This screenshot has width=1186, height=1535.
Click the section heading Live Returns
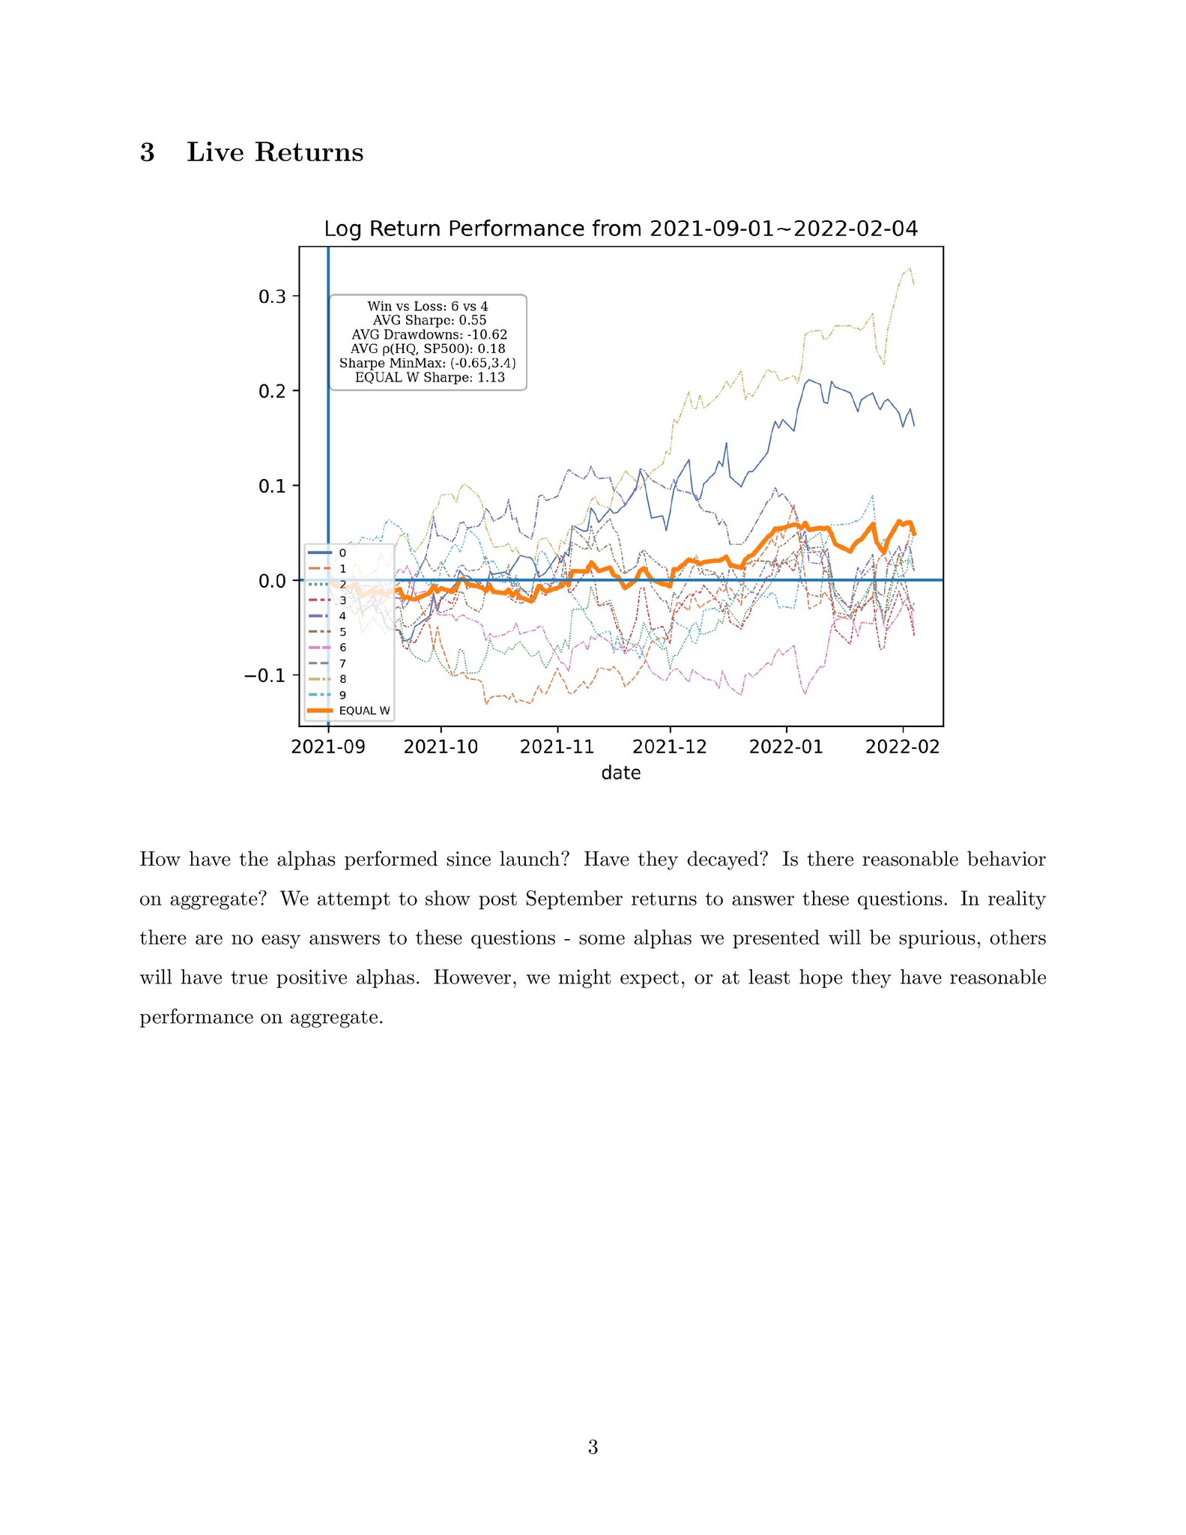274,152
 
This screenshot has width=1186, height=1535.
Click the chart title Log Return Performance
620,229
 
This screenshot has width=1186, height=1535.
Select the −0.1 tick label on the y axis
266,675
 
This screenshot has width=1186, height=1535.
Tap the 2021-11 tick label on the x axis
557,747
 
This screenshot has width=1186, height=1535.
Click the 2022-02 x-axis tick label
902,747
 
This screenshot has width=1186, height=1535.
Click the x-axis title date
620,773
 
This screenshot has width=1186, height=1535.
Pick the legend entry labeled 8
343,679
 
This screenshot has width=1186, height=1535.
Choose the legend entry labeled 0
343,553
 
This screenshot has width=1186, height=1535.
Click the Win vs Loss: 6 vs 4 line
428,307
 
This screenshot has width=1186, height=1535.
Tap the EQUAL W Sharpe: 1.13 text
429,378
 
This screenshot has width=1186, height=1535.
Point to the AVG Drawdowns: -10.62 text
429,335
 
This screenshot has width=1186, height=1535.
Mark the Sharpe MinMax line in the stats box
428,364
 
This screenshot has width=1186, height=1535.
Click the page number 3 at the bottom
593,1447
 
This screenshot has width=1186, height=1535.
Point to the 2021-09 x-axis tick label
328,747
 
